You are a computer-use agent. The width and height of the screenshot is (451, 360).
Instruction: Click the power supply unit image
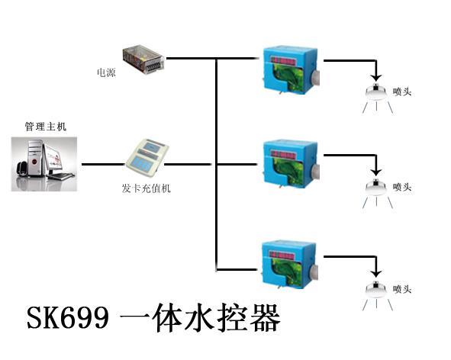pos(143,59)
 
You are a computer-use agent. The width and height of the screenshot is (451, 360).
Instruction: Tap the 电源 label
pos(106,72)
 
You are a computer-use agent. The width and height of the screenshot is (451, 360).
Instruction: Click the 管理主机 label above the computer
pos(46,127)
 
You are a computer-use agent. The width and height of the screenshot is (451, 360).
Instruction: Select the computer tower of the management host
pos(36,158)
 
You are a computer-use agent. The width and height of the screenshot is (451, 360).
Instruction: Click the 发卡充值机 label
pos(146,188)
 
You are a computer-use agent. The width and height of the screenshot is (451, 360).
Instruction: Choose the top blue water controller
pos(291,70)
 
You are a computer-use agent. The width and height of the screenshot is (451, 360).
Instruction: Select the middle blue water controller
pos(291,164)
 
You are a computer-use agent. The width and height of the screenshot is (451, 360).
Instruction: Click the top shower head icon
pos(376,98)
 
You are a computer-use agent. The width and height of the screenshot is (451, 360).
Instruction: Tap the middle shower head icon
pos(376,193)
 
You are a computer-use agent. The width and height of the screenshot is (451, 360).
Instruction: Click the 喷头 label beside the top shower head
pos(402,92)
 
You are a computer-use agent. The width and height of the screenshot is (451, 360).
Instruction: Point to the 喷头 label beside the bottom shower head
pos(402,289)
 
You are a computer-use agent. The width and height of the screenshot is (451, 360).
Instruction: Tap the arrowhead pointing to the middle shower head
pos(376,172)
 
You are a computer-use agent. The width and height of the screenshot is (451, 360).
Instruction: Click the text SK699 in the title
pos(68,317)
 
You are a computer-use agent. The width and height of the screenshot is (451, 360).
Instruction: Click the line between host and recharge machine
pos(104,165)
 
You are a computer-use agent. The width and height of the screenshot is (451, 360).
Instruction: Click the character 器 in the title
pos(265,318)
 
